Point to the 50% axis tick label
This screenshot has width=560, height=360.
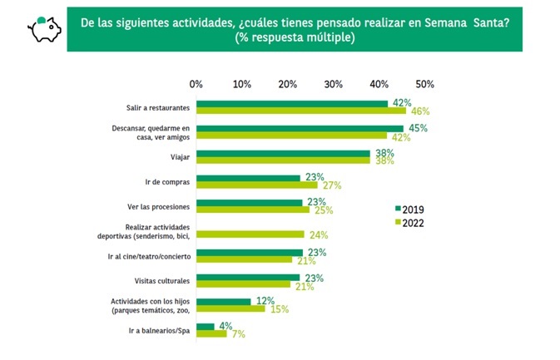424,84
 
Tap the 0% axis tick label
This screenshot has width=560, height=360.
196,84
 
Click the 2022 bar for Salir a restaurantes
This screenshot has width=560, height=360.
301,111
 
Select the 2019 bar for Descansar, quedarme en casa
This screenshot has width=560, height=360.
300,129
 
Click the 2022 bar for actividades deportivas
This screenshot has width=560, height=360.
251,234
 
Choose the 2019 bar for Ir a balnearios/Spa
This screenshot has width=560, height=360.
206,327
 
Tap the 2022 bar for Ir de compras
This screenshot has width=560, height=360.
257,185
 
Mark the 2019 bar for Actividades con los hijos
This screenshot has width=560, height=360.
224,302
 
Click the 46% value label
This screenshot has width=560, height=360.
418,111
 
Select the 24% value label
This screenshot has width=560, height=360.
318,235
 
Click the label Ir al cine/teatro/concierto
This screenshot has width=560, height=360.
150,256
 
